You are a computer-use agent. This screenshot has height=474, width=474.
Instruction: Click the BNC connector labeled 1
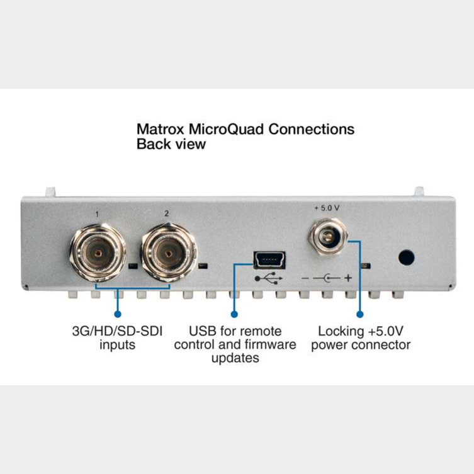click(98, 252)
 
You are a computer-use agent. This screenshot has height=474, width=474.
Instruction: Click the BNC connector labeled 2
click(169, 252)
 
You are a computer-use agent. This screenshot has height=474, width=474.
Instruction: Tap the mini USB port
click(269, 260)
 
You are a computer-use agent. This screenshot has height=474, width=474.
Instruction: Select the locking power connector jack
click(329, 237)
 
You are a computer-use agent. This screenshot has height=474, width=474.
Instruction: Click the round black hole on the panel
click(406, 257)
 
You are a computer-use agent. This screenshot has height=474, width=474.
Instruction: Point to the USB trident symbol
click(269, 278)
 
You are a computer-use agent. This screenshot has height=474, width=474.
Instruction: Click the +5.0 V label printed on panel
click(327, 208)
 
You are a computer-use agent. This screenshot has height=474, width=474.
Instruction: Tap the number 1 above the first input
click(97, 214)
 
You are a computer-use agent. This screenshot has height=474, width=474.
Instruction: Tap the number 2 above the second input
click(166, 214)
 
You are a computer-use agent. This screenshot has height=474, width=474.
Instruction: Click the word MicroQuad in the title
click(227, 129)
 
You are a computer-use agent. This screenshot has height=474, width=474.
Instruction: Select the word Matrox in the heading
click(161, 129)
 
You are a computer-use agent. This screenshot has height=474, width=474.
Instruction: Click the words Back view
click(171, 144)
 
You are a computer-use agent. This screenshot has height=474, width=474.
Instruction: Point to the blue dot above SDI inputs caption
click(118, 314)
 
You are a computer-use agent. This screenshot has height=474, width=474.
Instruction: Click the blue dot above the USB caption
click(234, 314)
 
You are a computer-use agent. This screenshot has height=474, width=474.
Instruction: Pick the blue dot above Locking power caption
click(359, 314)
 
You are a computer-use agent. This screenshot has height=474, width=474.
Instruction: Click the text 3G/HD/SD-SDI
click(117, 331)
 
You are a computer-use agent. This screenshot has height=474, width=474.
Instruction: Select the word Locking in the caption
click(341, 332)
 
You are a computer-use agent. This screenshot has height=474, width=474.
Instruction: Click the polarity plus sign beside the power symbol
click(348, 278)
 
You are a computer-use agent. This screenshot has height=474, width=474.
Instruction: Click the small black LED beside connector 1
click(133, 266)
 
